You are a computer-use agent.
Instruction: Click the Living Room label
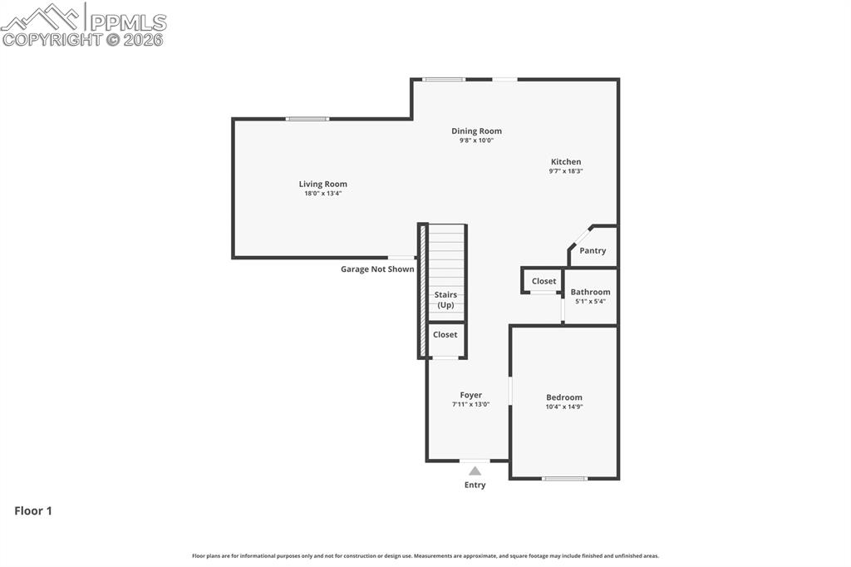[x=322, y=184]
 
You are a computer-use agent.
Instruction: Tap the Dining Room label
[x=476, y=131]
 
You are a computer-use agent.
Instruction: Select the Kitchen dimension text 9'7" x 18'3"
[x=565, y=171]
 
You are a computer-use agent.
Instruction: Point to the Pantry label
[x=593, y=250]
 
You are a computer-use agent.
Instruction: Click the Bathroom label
[x=590, y=292]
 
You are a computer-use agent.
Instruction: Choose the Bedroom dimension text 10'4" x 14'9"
[x=563, y=407]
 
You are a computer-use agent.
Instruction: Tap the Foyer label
[x=470, y=395]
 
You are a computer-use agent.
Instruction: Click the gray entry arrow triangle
[x=475, y=471]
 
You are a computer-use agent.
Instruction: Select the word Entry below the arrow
[x=475, y=485]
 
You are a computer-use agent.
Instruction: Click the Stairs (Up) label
[x=445, y=300]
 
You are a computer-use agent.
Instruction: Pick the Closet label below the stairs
[x=445, y=334]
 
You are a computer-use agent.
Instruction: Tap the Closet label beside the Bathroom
[x=544, y=281]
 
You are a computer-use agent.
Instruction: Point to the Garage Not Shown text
[x=377, y=269]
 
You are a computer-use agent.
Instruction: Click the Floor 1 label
[x=33, y=511]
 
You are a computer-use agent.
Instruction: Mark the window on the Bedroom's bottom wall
[x=564, y=478]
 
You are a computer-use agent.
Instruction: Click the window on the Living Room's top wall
[x=307, y=119]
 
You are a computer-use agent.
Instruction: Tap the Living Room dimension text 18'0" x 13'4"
[x=322, y=194]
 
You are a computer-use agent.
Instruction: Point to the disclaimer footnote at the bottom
[x=425, y=556]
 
